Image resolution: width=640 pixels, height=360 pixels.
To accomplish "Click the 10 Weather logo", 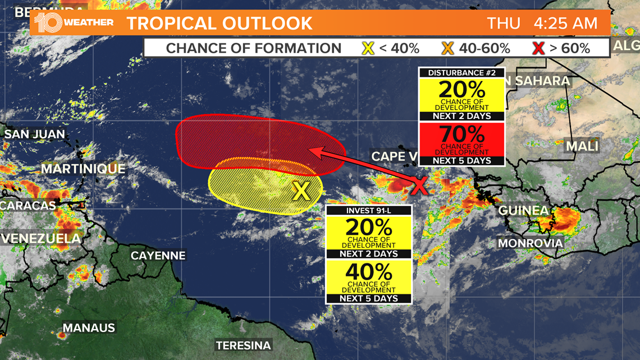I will [73, 23].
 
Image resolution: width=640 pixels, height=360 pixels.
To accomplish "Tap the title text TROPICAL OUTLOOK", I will [219, 24].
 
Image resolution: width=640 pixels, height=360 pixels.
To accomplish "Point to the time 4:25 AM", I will [565, 24].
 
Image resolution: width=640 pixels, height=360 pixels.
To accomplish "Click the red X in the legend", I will [538, 48].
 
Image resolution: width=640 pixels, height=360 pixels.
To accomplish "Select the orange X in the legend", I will [447, 48].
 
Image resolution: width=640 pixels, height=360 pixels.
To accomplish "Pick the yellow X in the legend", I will [368, 48].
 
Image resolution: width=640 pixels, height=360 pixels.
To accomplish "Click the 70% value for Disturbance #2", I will [461, 135].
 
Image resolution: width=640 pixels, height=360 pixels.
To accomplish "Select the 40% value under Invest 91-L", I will [369, 272].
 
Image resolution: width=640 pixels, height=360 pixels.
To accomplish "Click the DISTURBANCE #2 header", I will [461, 73].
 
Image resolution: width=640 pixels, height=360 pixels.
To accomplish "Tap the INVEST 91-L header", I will [369, 211].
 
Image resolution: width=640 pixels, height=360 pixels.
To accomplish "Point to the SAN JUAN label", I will [35, 134].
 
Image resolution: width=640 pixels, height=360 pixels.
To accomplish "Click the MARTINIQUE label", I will [83, 168].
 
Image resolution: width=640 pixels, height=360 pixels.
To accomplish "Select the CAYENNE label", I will [158, 256].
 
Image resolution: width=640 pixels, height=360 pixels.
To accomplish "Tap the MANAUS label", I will [89, 328].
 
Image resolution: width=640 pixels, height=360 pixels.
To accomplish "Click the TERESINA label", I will [244, 345].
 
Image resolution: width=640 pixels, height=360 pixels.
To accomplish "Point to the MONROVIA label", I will [530, 243].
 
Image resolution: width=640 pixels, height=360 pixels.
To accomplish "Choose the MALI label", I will [582, 147].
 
